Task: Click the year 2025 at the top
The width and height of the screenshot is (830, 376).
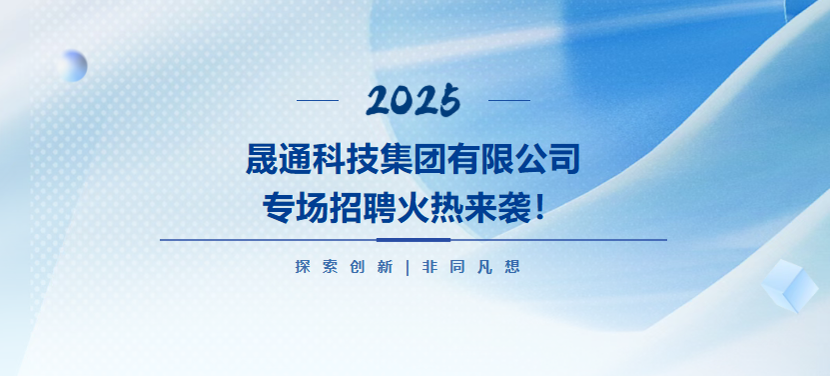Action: click(x=413, y=100)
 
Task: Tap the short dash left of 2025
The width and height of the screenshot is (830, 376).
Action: click(x=318, y=100)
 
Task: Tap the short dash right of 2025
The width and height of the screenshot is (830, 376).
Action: click(x=509, y=100)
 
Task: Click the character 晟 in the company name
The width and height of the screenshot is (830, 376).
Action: click(x=262, y=159)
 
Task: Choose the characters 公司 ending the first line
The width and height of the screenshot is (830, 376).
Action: click(x=548, y=159)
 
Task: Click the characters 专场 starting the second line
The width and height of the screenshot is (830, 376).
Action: click(x=296, y=207)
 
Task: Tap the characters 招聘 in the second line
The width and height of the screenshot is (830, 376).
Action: click(x=363, y=207)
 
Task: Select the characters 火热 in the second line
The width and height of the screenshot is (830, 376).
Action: click(x=429, y=207)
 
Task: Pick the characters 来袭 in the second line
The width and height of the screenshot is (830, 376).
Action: click(x=497, y=207)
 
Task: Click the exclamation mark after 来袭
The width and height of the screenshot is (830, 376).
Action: click(x=539, y=207)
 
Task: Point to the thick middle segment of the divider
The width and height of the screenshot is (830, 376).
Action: click(x=414, y=240)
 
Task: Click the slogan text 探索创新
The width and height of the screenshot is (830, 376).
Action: click(x=344, y=267)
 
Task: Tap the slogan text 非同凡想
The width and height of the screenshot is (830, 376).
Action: click(x=471, y=267)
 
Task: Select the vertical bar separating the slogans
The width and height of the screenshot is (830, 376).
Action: click(x=408, y=267)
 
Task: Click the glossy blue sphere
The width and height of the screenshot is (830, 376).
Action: click(x=72, y=66)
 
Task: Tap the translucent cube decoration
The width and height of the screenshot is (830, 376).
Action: click(x=790, y=286)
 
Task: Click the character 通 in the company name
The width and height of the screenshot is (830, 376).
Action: click(x=296, y=159)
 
